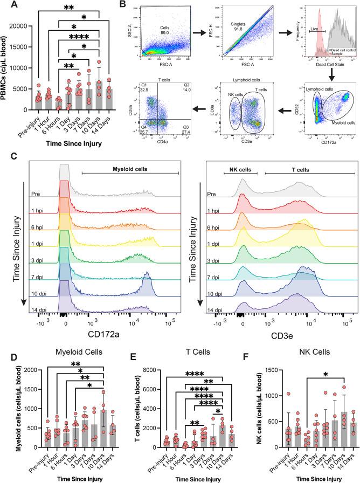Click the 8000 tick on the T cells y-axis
140,369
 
